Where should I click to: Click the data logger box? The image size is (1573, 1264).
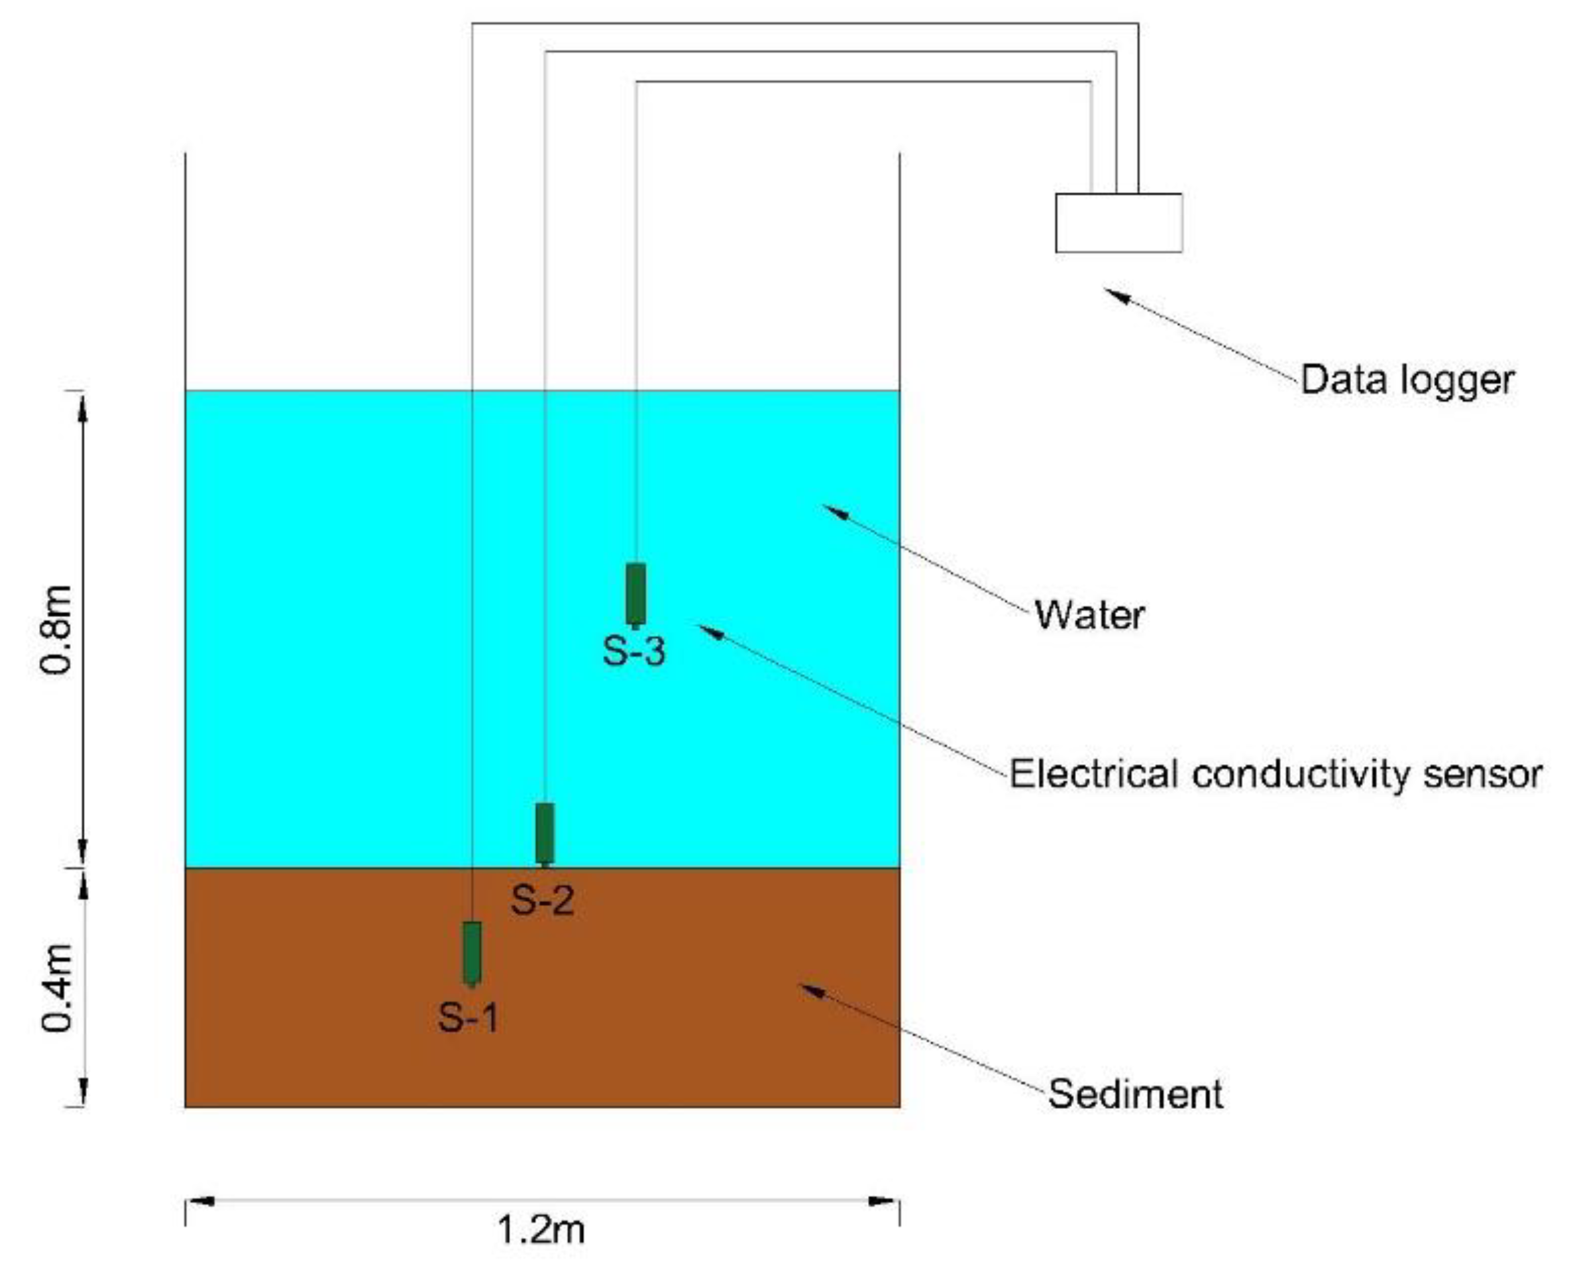pos(1118,223)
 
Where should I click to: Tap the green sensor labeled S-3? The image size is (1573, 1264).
pos(635,594)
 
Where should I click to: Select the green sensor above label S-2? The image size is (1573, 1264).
pos(544,833)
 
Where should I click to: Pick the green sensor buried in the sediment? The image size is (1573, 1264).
pos(472,952)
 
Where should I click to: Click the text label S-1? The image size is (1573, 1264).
pos(468,1017)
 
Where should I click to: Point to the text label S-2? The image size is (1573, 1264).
pos(542,900)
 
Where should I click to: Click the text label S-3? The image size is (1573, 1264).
pos(633,651)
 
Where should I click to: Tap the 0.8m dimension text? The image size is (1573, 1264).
pos(57,629)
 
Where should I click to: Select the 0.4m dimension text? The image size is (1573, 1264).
pos(57,988)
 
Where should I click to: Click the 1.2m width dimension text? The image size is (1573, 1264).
pos(541,1230)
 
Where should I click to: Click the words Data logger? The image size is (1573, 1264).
pos(1407,380)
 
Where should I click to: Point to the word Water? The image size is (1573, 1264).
pos(1089,615)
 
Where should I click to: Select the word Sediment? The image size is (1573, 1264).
pos(1135,1094)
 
